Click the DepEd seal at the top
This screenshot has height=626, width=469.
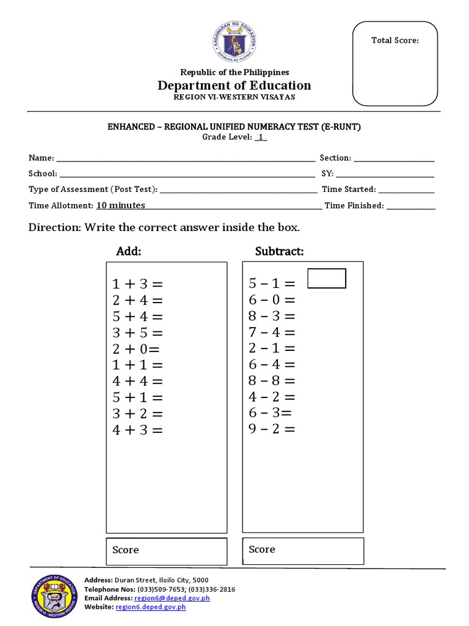[x=235, y=43]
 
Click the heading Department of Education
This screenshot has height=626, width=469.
[x=235, y=86]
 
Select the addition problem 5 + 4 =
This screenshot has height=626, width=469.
[x=137, y=317]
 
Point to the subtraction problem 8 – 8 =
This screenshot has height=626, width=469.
[x=272, y=381]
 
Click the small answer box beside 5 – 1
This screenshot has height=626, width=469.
[x=327, y=278]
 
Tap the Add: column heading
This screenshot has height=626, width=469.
[x=129, y=252]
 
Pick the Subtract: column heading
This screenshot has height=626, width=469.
[x=279, y=252]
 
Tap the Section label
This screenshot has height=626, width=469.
[x=335, y=158]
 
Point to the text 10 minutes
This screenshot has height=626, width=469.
[x=120, y=206]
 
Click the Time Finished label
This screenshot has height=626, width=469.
[x=354, y=206]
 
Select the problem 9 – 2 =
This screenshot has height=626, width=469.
[x=272, y=429]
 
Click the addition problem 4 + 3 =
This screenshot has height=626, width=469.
[x=137, y=430]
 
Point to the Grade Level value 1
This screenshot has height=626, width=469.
[x=261, y=138]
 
